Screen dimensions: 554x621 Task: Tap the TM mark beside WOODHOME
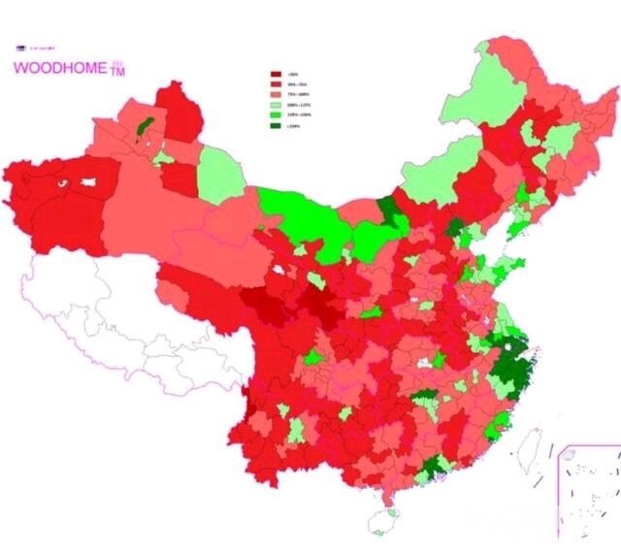118,72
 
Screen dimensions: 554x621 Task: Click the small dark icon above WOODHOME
20,47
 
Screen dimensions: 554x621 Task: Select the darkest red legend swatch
277,74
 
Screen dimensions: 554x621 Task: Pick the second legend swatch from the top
277,84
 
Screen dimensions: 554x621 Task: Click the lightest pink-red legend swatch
277,94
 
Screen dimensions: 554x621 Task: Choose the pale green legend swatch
277,104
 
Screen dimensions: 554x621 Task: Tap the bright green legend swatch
277,114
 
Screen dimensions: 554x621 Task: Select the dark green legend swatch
277,123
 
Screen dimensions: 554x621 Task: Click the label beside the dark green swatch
295,123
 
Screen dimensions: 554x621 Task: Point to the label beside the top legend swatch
294,74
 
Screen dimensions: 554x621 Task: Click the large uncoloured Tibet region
116,310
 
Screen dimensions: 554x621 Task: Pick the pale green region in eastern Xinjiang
219,175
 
